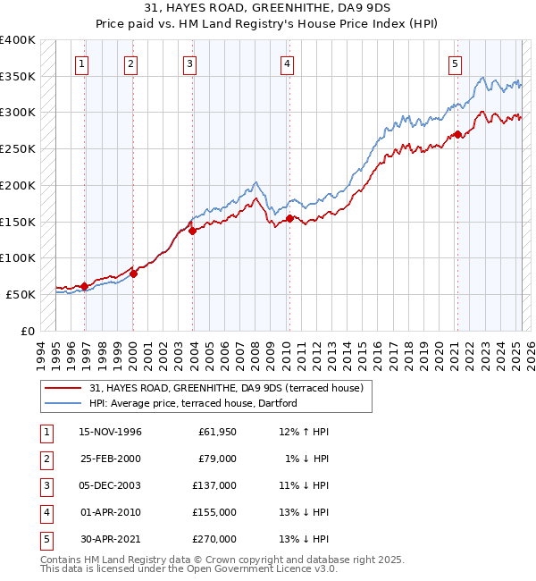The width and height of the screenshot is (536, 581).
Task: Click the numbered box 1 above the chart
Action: coord(82,63)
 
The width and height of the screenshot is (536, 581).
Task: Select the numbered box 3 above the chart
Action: coord(190,63)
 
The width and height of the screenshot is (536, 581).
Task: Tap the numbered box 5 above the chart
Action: coord(456,63)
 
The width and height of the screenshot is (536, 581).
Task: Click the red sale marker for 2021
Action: coord(457,134)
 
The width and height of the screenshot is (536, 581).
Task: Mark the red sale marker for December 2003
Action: coord(192,231)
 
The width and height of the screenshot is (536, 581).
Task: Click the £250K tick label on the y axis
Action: coord(18,148)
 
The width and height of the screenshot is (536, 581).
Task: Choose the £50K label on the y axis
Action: coord(21,294)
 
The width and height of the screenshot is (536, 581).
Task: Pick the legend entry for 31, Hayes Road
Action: coord(226,389)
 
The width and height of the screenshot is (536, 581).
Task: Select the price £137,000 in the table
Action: coord(214,485)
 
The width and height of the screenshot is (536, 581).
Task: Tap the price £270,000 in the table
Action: coord(214,539)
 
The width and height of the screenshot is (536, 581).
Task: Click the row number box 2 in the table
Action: coord(45,459)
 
